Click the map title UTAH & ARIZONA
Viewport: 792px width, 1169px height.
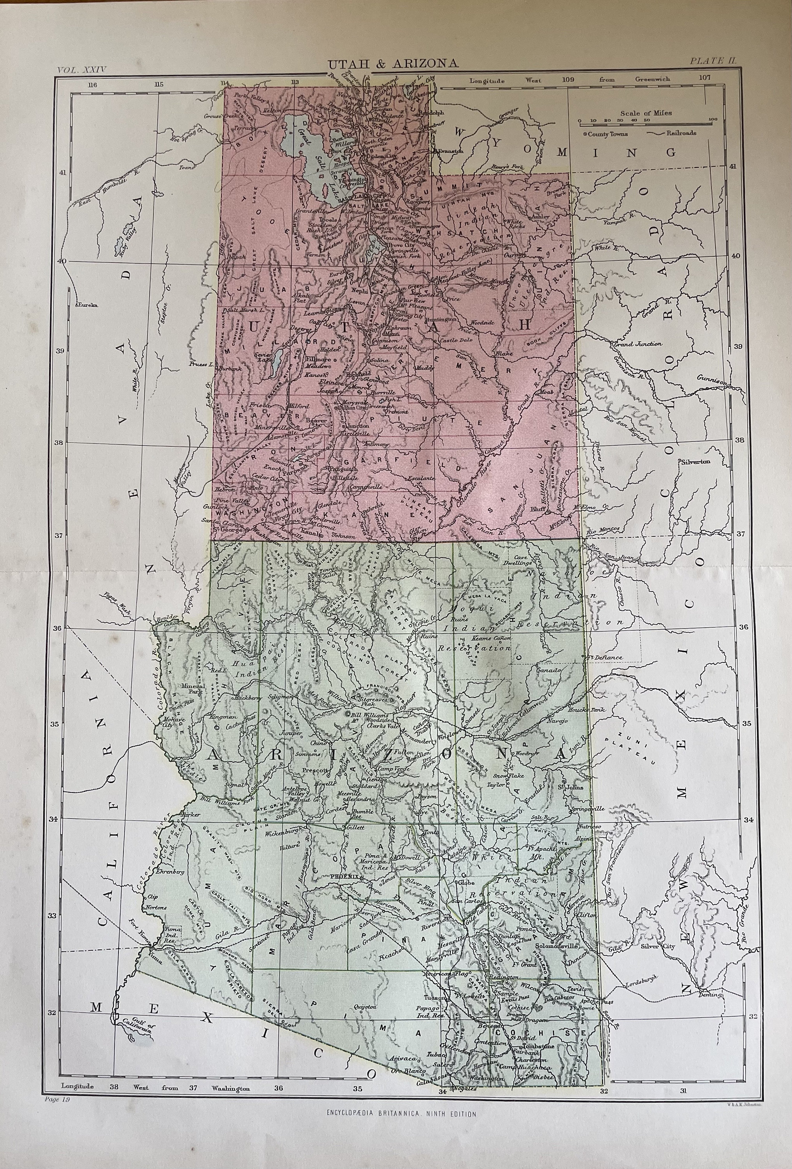[x=393, y=64]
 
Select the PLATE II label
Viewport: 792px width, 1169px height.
[x=713, y=61]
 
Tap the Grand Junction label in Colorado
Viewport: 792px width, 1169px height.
[x=638, y=344]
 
